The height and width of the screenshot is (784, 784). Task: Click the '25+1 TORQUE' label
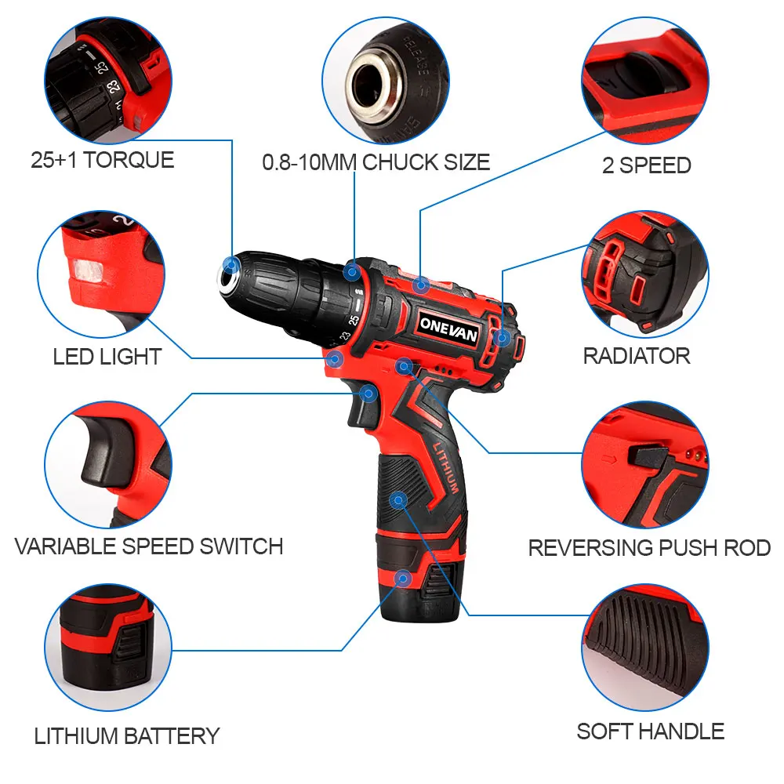click(103, 160)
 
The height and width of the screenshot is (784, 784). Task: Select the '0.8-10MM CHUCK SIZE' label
click(376, 162)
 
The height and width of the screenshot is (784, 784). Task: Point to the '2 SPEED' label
click(647, 165)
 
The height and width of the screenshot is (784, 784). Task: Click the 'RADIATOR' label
click(637, 356)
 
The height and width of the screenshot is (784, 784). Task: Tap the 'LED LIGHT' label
click(107, 357)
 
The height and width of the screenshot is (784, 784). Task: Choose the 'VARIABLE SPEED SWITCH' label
click(149, 546)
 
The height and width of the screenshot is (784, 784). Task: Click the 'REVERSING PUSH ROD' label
click(649, 547)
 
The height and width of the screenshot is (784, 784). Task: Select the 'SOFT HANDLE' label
click(650, 731)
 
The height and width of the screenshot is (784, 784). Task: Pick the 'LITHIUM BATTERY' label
click(127, 736)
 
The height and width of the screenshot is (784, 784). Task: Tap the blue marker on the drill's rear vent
click(502, 338)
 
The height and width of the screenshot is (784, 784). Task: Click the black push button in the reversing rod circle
click(647, 455)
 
